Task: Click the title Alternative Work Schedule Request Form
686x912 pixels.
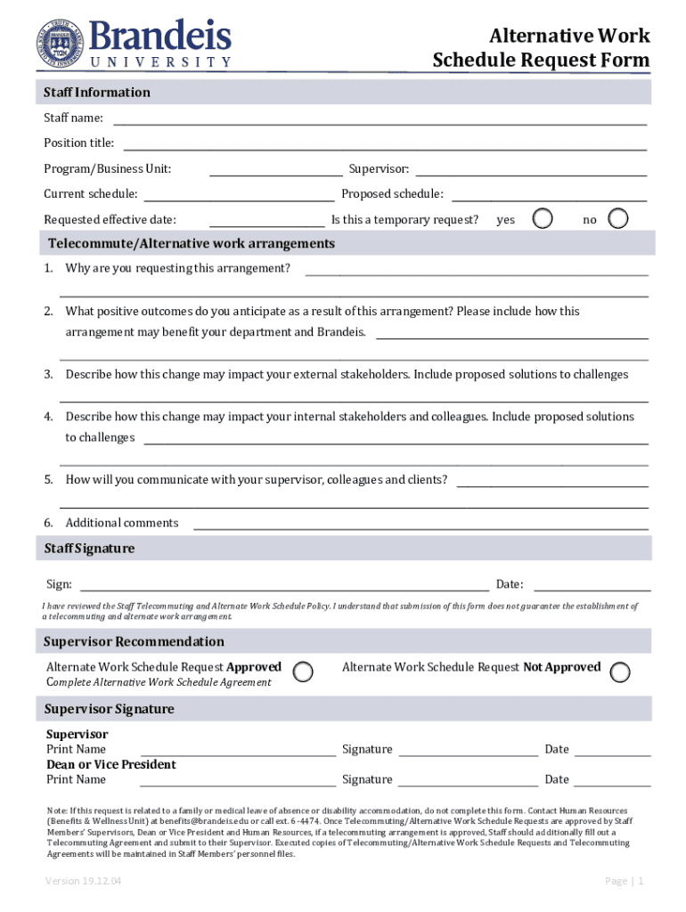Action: (541, 48)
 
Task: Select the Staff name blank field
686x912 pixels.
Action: (379, 118)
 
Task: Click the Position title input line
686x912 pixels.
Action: (384, 143)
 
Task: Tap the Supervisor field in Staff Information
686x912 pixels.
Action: (531, 169)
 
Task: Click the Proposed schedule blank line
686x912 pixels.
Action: (549, 194)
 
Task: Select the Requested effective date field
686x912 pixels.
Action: (266, 220)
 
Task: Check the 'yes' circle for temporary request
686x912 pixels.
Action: (542, 218)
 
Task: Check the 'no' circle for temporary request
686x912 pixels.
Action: (617, 218)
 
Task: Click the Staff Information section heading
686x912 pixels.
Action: (98, 93)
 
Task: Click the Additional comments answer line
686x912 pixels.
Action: (421, 524)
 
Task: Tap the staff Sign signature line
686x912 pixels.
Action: (284, 585)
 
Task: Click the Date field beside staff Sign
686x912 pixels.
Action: (592, 585)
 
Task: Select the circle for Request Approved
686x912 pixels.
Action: (304, 672)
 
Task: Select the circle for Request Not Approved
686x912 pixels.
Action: (620, 672)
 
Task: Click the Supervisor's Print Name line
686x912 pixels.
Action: (238, 750)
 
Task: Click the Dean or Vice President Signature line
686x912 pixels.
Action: (468, 780)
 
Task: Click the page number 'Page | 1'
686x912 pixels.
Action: (624, 881)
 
